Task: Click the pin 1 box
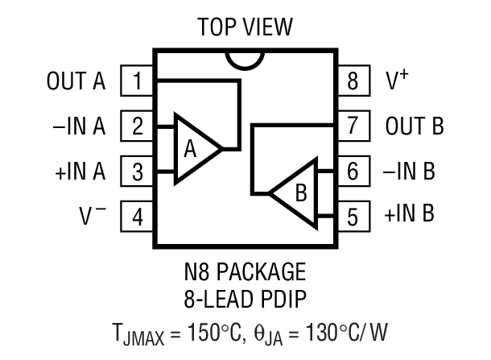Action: pos(138,81)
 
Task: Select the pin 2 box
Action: pos(138,126)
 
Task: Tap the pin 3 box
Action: pos(138,171)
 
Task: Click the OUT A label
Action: pos(76,81)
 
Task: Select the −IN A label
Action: pos(79,126)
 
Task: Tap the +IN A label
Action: pos(79,171)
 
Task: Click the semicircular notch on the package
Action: pos(245,59)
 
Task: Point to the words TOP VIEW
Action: pos(245,27)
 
